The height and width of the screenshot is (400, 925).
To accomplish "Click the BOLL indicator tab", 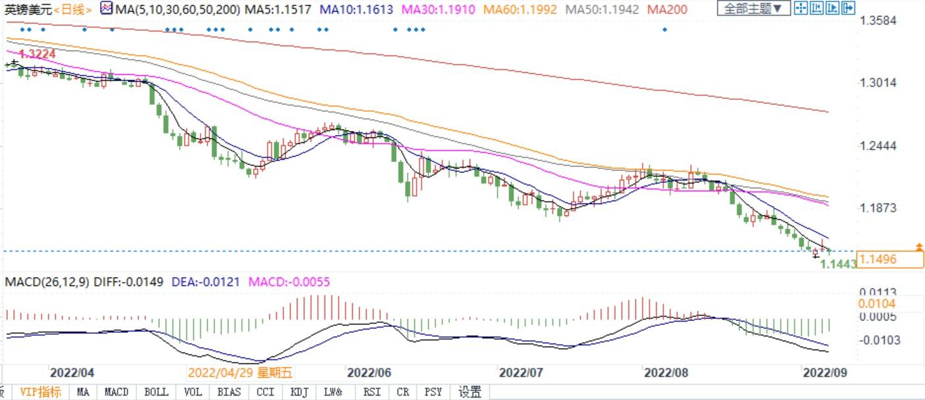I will [156, 391].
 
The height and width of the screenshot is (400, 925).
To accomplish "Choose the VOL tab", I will [193, 391].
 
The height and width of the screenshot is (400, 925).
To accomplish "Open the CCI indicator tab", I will [265, 391].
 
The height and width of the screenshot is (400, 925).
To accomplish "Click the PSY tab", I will [433, 391].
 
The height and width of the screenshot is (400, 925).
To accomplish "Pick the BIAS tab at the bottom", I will [228, 391].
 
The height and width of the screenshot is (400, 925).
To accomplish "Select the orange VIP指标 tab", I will [41, 391].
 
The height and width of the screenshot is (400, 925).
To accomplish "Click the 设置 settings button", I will [470, 391].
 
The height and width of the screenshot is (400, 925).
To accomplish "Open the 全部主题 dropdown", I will [753, 9].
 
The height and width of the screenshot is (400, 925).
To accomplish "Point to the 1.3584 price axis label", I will [878, 20].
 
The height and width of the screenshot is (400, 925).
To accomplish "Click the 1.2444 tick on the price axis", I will [878, 145].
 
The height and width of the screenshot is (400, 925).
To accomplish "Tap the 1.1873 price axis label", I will [878, 208].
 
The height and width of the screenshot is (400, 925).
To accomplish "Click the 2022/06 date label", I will [369, 372].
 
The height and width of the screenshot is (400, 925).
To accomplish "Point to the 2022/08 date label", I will [666, 372].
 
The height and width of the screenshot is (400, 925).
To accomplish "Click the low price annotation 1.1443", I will [838, 264].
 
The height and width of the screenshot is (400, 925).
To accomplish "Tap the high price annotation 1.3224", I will [37, 53].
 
